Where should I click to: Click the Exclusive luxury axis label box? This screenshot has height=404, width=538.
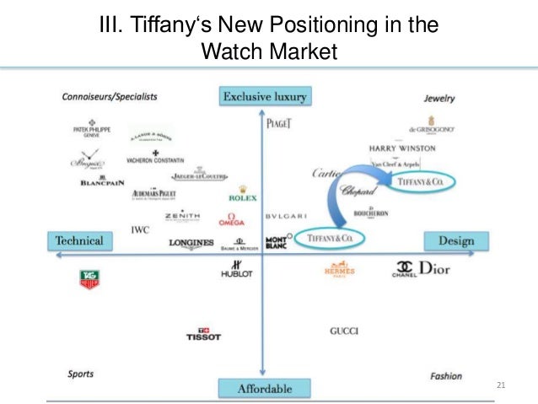click(x=264, y=97)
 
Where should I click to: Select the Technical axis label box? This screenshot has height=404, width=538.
click(x=79, y=241)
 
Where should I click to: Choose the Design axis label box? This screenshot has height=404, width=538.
click(x=456, y=241)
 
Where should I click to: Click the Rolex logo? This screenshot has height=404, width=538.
click(x=243, y=195)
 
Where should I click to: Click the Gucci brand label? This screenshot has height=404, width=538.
click(x=344, y=331)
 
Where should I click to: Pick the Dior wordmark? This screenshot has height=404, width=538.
click(x=434, y=270)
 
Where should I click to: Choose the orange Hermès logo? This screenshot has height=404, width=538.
click(x=340, y=271)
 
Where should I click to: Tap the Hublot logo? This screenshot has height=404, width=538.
click(x=236, y=270)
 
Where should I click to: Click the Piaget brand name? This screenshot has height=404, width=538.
click(x=278, y=123)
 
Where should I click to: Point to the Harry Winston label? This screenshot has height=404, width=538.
click(x=402, y=148)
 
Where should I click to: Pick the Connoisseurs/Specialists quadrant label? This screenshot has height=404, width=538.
click(x=110, y=98)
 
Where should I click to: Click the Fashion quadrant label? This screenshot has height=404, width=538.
click(x=446, y=376)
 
